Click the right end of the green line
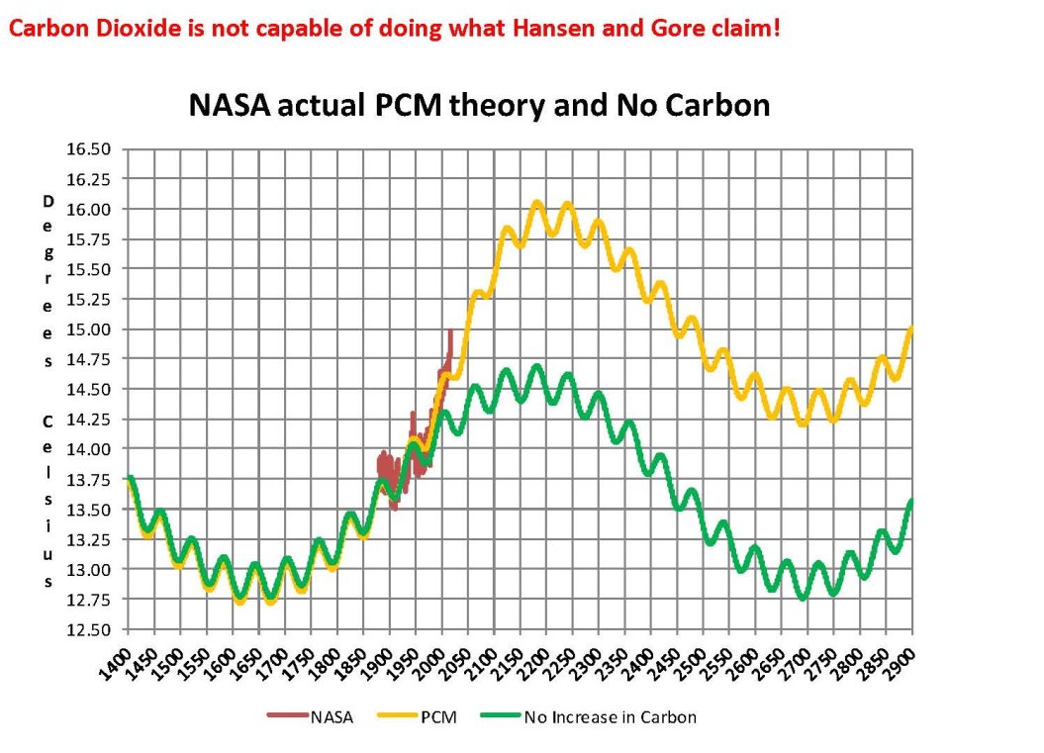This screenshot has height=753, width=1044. click(911, 501)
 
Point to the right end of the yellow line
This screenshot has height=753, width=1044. click(911, 328)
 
